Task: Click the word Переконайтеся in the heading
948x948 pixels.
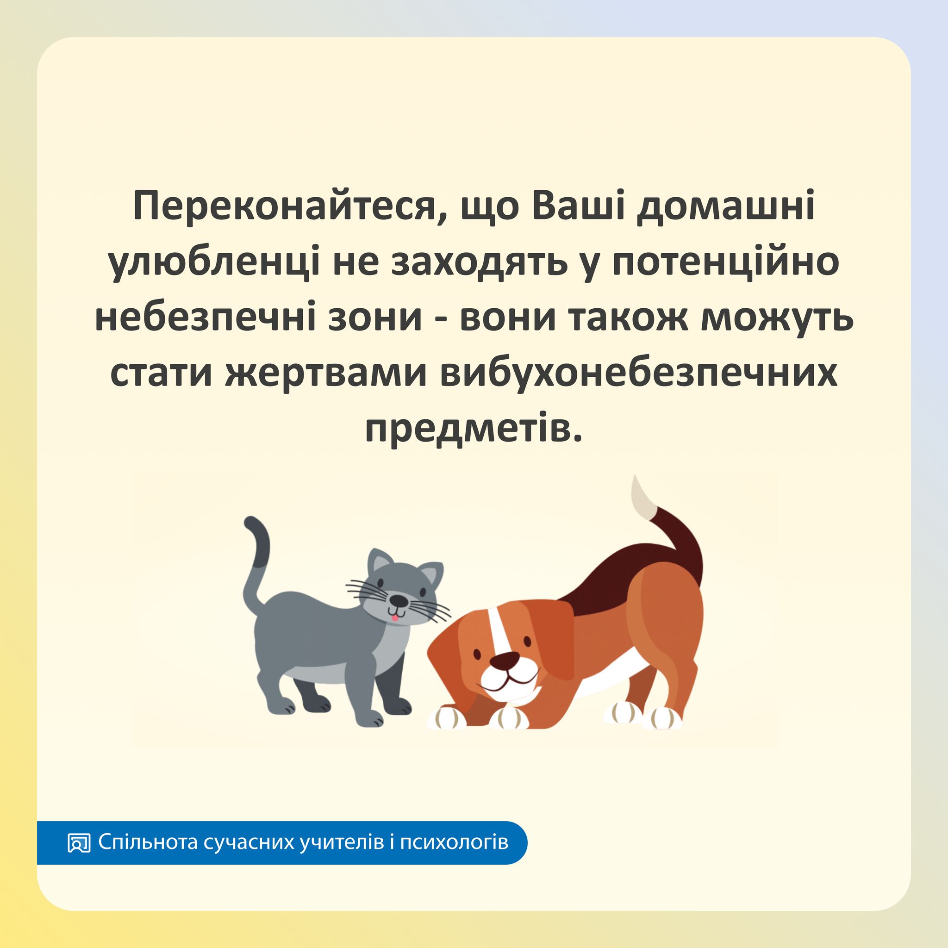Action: click(284, 207)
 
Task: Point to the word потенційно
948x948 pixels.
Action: click(726, 263)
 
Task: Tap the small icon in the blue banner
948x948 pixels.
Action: click(79, 842)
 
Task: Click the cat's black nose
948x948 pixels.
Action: click(398, 600)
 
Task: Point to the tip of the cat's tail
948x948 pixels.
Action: click(251, 521)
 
